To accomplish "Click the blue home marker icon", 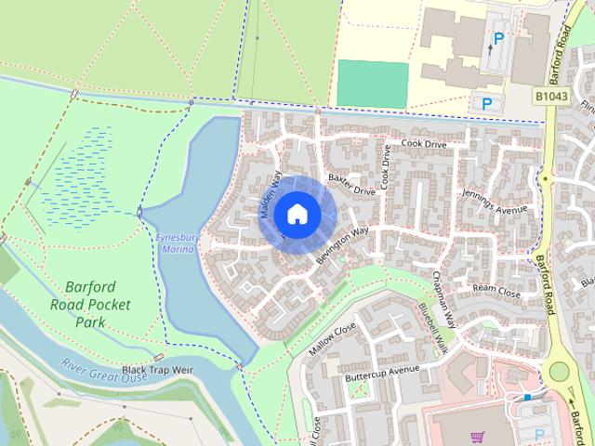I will pos(296,214).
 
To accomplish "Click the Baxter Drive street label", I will pos(351,183).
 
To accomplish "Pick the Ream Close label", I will pos(496,290).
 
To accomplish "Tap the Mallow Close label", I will pos(333,340).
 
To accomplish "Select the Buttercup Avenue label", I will pos(383,374).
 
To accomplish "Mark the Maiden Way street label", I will pos(270,196).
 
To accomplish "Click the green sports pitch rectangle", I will pos(372,83).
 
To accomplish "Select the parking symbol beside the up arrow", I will pos(499,39).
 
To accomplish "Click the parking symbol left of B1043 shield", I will pos(485,102).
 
